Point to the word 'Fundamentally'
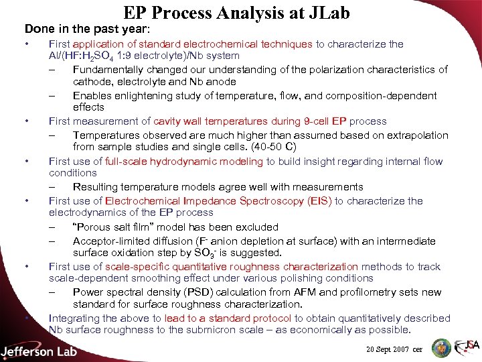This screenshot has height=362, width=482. [x=105, y=70]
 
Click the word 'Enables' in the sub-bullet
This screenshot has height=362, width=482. [x=91, y=96]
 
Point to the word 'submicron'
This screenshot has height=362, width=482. [x=241, y=329]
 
